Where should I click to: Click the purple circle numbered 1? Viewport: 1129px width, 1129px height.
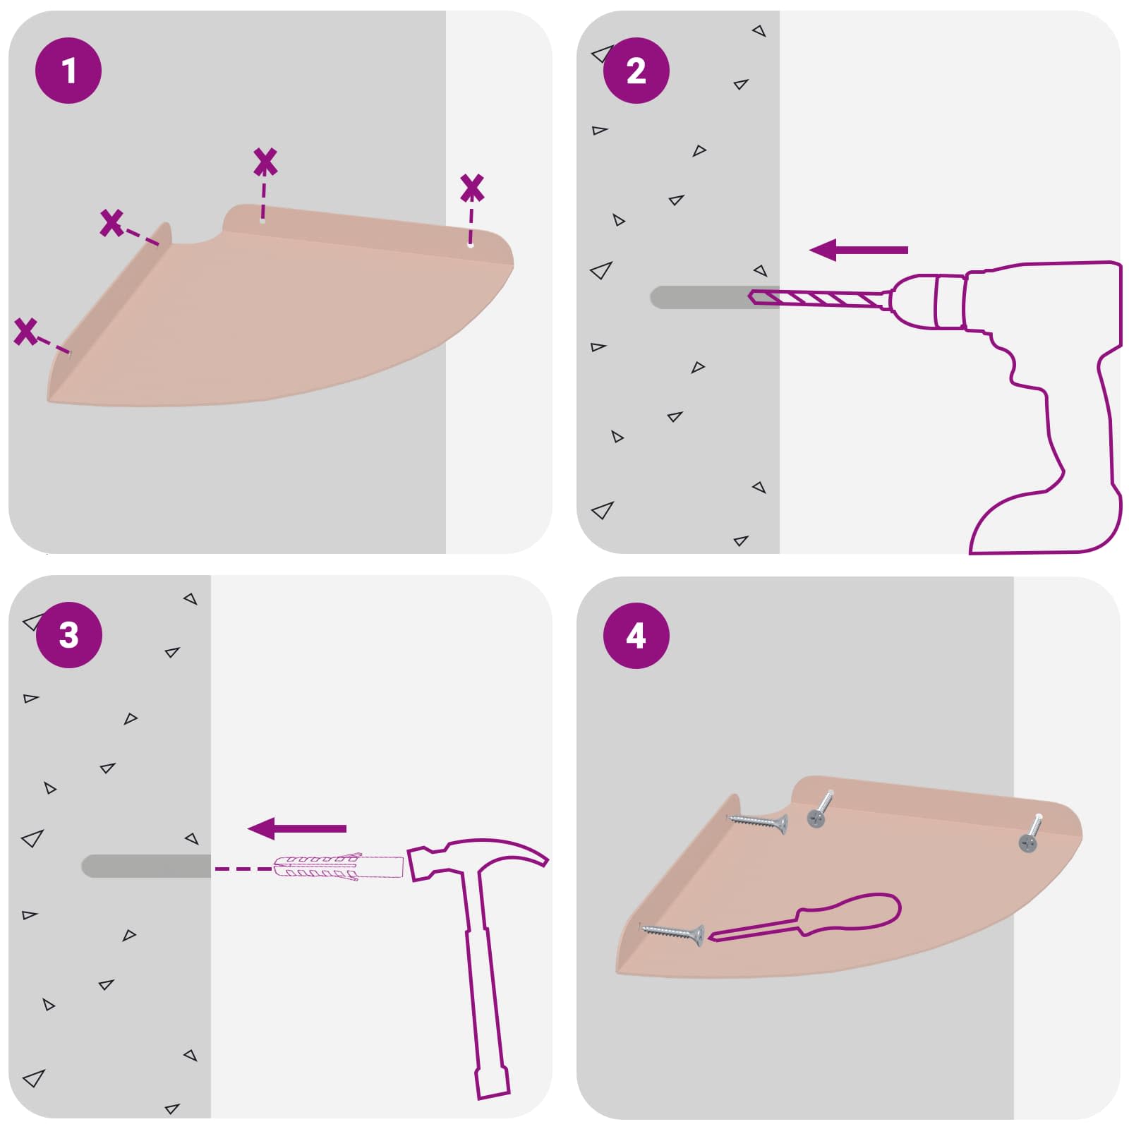pos(68,71)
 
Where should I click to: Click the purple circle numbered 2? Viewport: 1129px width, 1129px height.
pos(636,71)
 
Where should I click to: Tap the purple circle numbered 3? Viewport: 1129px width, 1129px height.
pos(68,635)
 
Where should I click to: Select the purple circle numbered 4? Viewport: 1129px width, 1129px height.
pos(636,635)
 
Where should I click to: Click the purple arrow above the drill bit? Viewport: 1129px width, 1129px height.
pos(858,250)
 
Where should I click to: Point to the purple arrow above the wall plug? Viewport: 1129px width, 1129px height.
pos(297,828)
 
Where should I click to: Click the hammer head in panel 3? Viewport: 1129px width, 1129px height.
pos(480,858)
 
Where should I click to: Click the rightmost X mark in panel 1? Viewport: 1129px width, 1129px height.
pos(472,188)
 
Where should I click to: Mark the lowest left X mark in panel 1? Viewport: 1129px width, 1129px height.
pos(26,332)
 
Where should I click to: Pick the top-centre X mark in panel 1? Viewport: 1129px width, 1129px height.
pos(265,162)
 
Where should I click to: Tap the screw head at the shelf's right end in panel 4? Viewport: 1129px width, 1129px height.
pos(1028,842)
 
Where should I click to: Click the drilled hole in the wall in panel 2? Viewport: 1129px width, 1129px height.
pos(699,297)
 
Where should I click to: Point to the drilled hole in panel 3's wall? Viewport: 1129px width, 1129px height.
pos(145,867)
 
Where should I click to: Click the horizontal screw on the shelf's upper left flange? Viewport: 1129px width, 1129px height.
pos(758,821)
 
